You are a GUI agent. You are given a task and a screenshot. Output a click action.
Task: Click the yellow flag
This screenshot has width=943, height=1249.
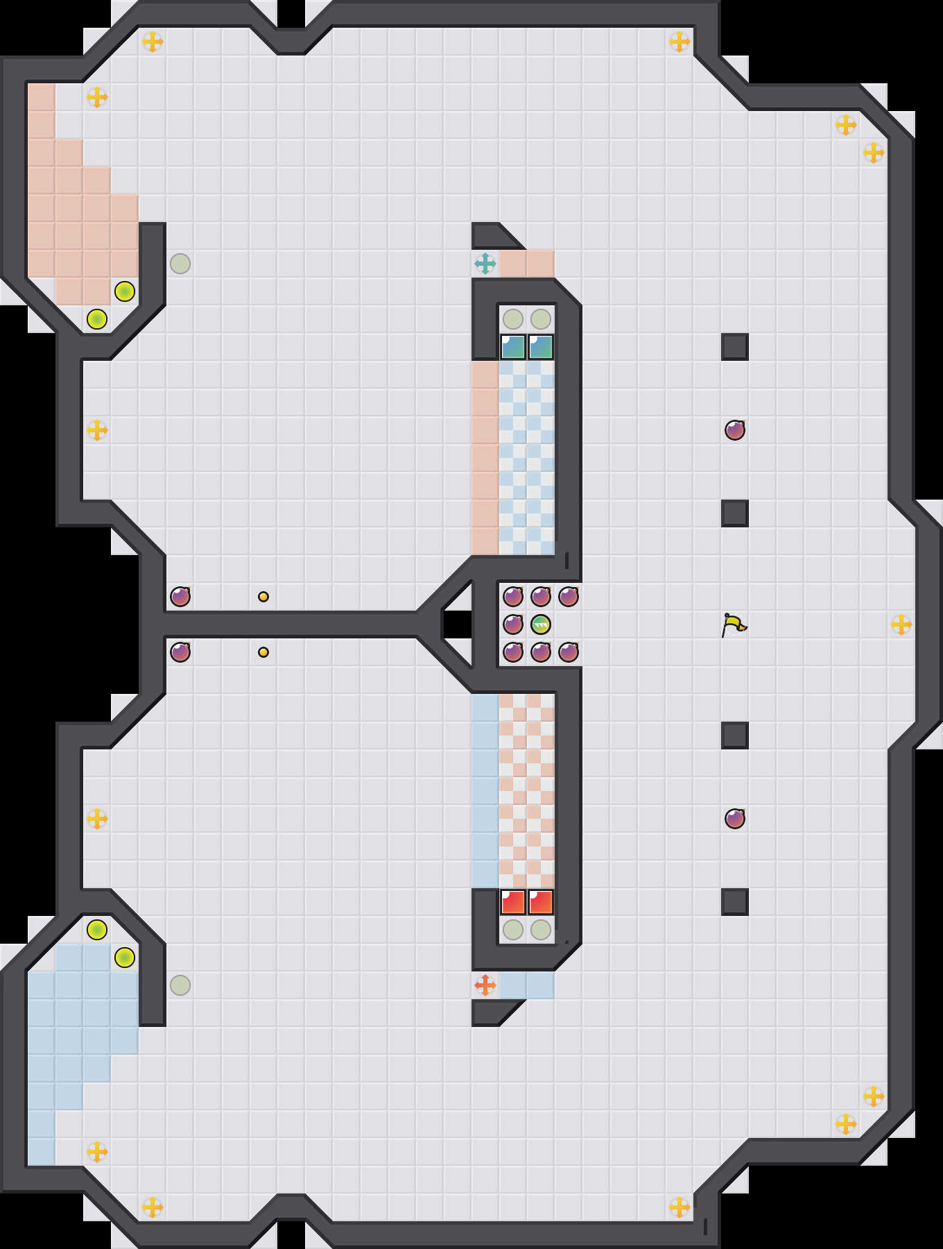click(x=734, y=624)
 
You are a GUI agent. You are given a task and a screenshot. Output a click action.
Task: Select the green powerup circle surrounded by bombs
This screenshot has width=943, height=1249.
click(x=541, y=624)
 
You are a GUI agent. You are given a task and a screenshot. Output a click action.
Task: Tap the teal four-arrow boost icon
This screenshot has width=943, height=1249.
click(x=485, y=264)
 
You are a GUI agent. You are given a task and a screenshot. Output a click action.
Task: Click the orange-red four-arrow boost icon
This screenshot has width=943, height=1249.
click(x=485, y=985)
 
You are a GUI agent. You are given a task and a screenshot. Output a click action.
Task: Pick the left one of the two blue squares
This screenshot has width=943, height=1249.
click(x=513, y=347)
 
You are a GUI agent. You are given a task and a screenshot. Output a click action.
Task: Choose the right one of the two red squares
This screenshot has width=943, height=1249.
click(x=541, y=902)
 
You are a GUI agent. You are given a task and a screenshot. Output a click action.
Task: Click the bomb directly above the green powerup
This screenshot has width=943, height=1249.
click(x=541, y=597)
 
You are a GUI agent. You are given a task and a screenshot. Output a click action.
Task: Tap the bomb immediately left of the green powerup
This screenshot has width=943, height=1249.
click(x=513, y=624)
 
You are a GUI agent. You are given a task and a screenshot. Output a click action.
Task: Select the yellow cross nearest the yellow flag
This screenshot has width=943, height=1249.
click(x=901, y=624)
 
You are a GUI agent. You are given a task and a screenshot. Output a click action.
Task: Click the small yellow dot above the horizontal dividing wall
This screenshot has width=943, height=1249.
click(x=263, y=597)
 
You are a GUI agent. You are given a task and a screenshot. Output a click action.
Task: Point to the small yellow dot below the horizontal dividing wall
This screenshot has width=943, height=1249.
click(x=263, y=652)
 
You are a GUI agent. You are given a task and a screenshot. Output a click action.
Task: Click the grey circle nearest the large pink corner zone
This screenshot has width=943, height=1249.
click(x=180, y=264)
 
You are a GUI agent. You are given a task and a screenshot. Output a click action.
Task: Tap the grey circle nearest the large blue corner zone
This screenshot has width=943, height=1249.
click(x=180, y=985)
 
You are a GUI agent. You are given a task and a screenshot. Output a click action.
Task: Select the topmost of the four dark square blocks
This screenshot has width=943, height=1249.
click(x=735, y=347)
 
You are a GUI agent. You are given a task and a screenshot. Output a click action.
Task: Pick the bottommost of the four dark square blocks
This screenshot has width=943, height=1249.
click(x=735, y=902)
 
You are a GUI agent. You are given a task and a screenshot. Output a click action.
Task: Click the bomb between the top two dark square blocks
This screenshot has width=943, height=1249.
click(x=735, y=430)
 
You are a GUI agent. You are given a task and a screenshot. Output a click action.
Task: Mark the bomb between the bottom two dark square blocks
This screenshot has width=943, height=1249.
click(x=735, y=819)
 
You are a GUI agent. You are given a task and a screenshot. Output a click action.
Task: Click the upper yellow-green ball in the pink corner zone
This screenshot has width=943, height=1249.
click(x=125, y=291)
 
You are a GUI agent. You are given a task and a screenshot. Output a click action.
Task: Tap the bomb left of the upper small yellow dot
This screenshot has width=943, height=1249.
click(x=180, y=597)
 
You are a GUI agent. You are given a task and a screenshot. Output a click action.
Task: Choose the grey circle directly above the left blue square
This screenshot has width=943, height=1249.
click(x=513, y=319)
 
